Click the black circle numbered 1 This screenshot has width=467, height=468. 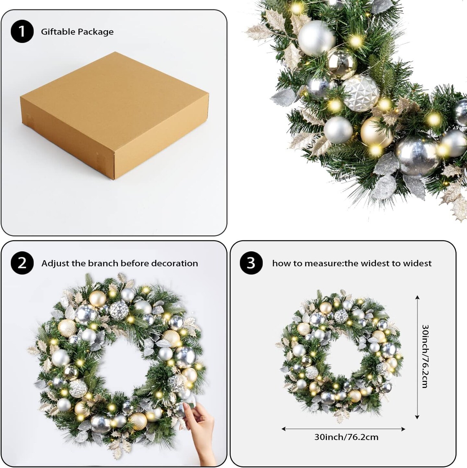(x=22, y=32)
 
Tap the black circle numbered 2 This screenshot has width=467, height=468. (x=22, y=263)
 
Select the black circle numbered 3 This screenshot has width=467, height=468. (x=251, y=263)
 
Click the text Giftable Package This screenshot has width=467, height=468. (x=77, y=32)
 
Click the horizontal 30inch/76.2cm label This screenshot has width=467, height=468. (x=346, y=437)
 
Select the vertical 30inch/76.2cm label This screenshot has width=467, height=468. (x=425, y=356)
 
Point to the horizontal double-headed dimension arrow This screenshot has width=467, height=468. (x=343, y=429)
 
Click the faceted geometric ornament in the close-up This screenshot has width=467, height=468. (x=361, y=93)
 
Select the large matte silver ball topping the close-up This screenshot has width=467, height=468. (x=316, y=38)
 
